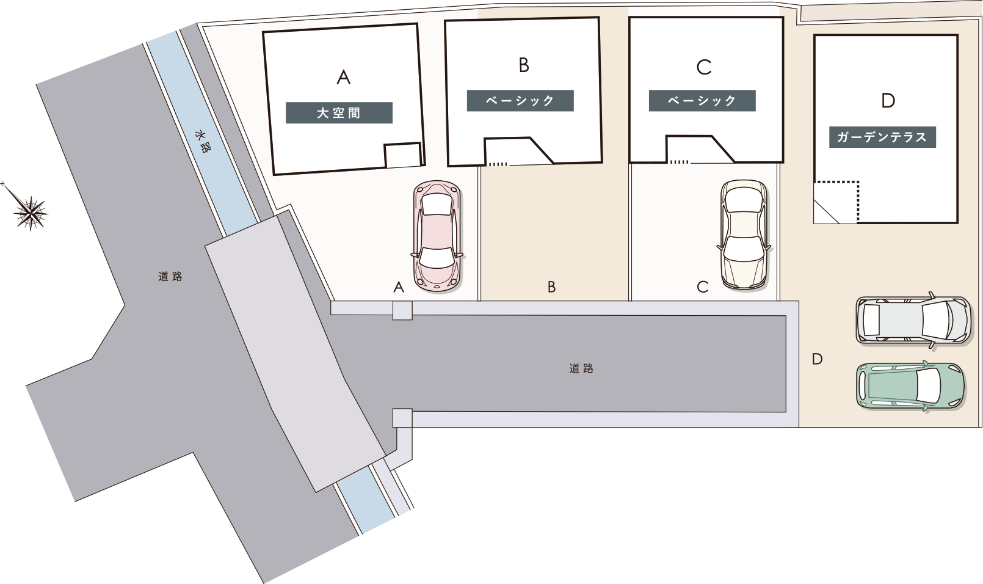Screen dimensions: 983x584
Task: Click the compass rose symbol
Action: pos(30,213)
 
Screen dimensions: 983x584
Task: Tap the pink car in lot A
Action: pos(437,236)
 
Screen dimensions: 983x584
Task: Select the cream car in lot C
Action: pos(744,235)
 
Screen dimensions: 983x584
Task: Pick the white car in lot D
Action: pos(913,320)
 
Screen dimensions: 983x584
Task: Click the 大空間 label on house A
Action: pos(339,113)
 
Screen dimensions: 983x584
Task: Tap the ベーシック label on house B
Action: pos(520,101)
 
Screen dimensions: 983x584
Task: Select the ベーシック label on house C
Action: pos(702,101)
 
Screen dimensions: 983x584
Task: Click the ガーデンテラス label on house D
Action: pos(882,137)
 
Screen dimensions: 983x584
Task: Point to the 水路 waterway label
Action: pos(201,141)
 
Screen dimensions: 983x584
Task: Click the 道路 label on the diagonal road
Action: pos(170,276)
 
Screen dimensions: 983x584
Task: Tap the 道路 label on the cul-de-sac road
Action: pos(581,368)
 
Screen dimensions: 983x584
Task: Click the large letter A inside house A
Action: pos(344,78)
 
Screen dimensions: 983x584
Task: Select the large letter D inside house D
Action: pos(888,101)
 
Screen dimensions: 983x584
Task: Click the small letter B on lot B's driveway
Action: pos(551,287)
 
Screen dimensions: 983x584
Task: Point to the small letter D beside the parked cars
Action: pos(817,359)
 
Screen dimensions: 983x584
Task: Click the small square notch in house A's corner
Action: pos(403,155)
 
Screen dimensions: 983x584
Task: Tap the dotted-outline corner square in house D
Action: pos(836,202)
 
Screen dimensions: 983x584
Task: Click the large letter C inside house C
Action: pos(704,68)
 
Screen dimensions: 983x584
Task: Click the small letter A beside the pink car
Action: pos(399,287)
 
